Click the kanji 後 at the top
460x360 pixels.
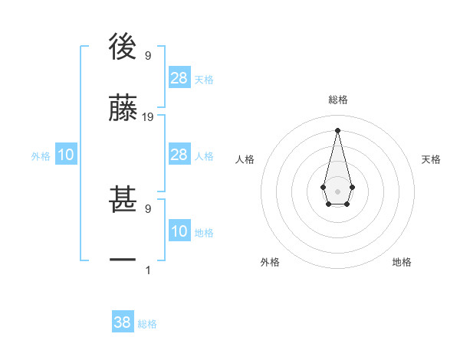123,47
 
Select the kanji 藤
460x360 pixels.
123,109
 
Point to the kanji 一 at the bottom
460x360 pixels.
123,261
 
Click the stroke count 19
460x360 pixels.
148,117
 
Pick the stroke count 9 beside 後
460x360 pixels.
148,56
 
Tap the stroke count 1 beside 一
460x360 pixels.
148,270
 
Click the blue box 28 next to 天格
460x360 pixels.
179,77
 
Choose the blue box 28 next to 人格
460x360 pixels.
179,155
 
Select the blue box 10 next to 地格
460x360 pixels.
179,231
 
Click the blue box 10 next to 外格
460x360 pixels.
66,155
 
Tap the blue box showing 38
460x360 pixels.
123,322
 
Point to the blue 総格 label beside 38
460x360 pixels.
147,324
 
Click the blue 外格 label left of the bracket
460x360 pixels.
41,156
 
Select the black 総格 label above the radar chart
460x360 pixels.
337,100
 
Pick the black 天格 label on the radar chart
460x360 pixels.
431,159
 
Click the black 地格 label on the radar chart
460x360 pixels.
402,262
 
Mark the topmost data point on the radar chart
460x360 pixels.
337,129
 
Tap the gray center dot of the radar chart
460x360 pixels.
337,190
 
